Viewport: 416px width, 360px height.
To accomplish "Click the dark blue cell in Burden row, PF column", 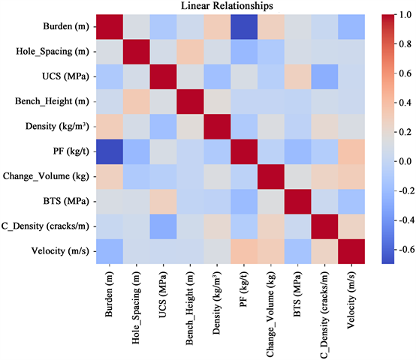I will point(227,26).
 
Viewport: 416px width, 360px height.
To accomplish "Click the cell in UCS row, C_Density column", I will point(299,75).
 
